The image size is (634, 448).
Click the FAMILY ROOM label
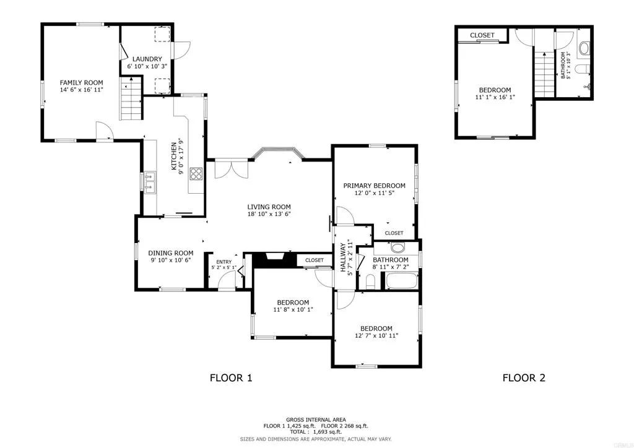81,82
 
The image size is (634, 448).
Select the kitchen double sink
150,181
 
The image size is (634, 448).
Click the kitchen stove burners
196,174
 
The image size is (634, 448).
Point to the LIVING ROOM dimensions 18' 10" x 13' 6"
269,214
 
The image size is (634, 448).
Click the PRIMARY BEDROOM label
375,186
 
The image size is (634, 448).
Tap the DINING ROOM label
170,252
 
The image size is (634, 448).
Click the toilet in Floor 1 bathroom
370,283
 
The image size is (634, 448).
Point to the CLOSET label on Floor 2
482,35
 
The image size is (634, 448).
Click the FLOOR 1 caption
231,377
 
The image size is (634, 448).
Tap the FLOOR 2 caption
523,377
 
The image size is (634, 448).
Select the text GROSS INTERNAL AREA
316,420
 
